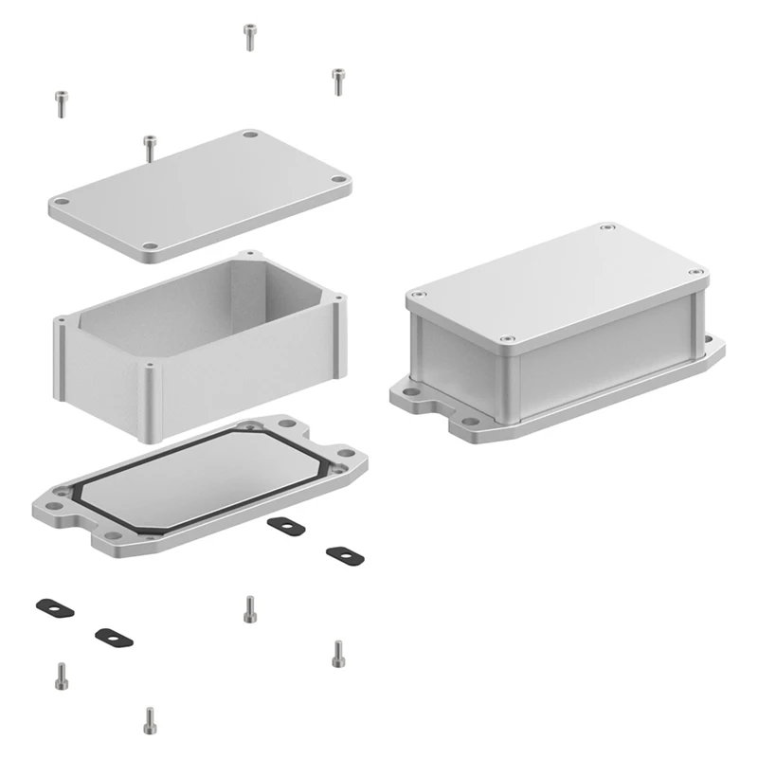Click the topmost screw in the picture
coord(249,36)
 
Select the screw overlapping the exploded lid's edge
coord(149,148)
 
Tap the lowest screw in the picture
coord(149,720)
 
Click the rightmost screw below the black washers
coord(338,653)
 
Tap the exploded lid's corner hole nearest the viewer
coord(152,250)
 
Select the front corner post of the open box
coord(152,398)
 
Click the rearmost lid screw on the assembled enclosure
coord(608,229)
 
